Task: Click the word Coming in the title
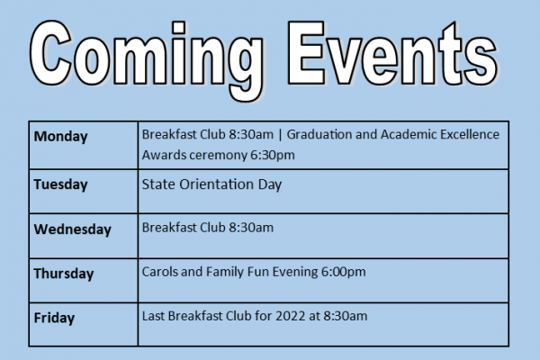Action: pyautogui.click(x=147, y=58)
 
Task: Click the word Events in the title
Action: pyautogui.click(x=392, y=53)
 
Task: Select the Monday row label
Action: pyautogui.click(x=60, y=137)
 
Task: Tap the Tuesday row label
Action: pyautogui.click(x=60, y=184)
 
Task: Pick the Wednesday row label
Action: pyautogui.click(x=72, y=229)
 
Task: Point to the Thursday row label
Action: pyautogui.click(x=64, y=274)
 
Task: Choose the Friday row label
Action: pyautogui.click(x=54, y=318)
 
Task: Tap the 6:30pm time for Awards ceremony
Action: pyautogui.click(x=273, y=155)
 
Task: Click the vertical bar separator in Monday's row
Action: pyautogui.click(x=280, y=135)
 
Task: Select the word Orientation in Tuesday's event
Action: pyautogui.click(x=217, y=184)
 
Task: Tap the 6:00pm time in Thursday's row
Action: pyautogui.click(x=344, y=272)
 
